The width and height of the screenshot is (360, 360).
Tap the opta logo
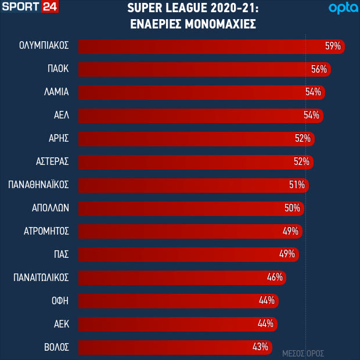click(341, 8)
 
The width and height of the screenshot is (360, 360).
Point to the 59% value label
click(333, 46)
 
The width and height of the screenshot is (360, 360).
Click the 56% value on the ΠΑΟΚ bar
click(319, 69)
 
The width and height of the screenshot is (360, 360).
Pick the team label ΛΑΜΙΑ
click(56, 92)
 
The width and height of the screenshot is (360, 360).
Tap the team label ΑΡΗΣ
click(59, 138)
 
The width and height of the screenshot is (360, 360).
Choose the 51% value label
click(297, 185)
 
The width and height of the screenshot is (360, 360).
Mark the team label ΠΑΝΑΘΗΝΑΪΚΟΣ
click(39, 185)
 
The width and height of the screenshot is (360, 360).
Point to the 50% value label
click(292, 208)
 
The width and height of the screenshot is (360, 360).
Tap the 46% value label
click(275, 277)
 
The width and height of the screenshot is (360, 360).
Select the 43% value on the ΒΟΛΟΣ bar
click(260, 347)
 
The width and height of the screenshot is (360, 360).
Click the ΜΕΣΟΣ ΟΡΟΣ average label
click(303, 353)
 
